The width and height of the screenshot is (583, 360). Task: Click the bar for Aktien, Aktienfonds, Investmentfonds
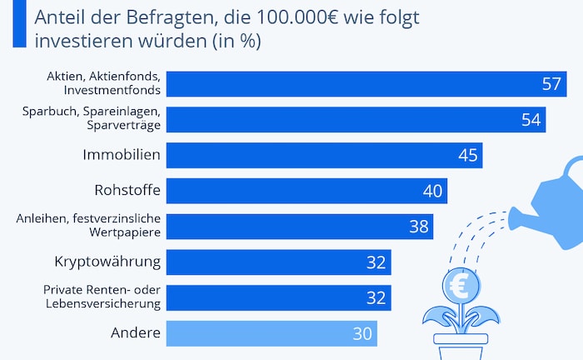pyautogui.click(x=350, y=83)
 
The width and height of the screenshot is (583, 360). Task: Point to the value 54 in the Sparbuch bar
pyautogui.click(x=531, y=119)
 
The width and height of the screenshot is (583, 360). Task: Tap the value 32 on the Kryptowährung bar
pyautogui.click(x=376, y=262)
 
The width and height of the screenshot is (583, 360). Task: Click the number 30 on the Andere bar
pyautogui.click(x=362, y=333)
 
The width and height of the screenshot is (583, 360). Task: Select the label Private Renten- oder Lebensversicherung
pyautogui.click(x=100, y=297)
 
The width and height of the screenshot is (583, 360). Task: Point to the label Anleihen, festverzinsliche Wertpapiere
pyautogui.click(x=88, y=226)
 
